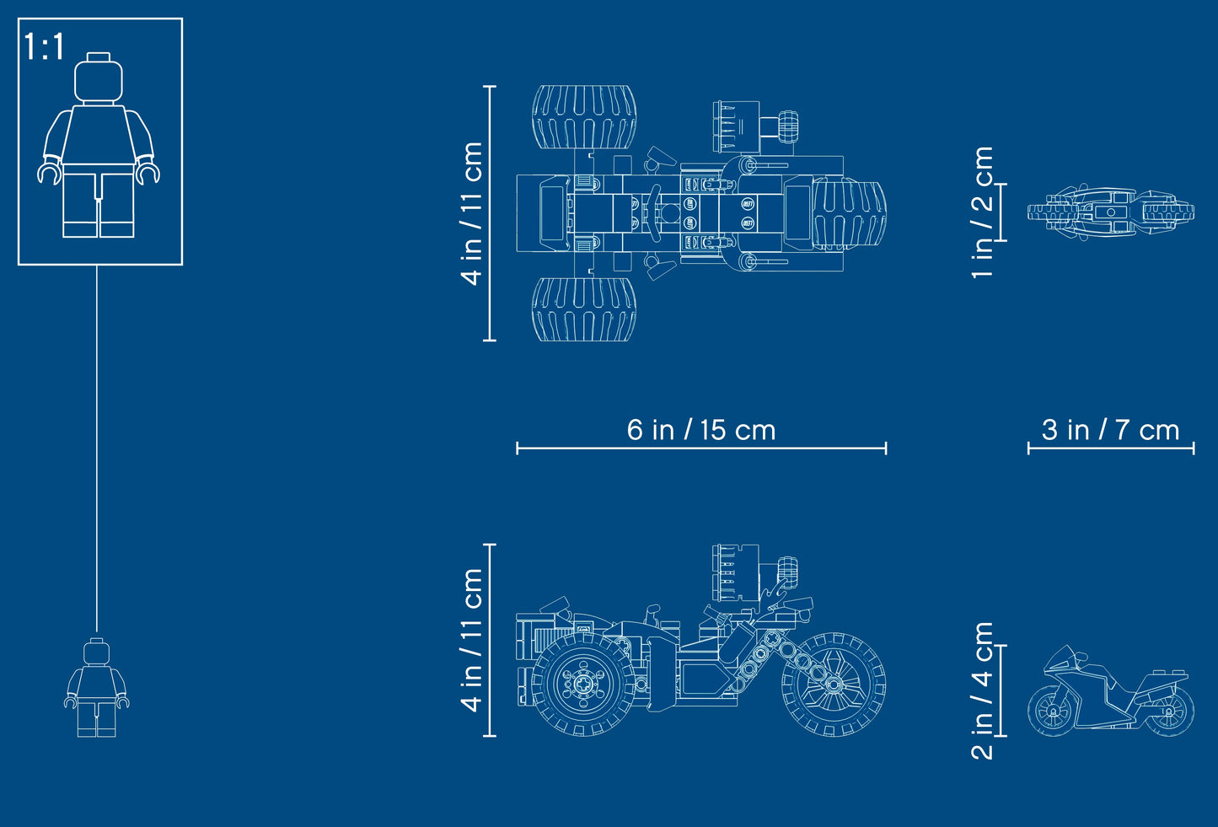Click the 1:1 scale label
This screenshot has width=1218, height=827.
(44, 46)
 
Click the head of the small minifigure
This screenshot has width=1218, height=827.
(97, 651)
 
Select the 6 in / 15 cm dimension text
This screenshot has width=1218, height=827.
(701, 430)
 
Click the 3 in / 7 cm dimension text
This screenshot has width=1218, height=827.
(1110, 430)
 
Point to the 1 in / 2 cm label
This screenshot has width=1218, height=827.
(983, 212)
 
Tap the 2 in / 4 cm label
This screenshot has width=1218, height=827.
(983, 691)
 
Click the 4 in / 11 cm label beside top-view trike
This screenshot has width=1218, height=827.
(471, 213)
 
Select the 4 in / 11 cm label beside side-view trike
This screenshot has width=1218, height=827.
(471, 640)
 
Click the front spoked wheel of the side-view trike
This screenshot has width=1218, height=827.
(834, 684)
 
